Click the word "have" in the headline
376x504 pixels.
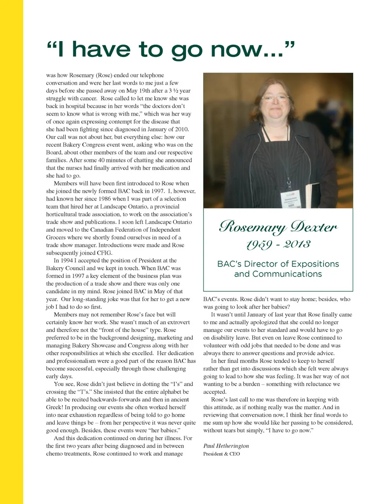101,49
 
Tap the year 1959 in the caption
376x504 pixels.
259,245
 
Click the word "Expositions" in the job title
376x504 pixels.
312,264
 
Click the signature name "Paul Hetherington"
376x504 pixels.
226,446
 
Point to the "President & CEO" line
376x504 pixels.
221,454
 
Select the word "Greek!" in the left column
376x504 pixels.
55,407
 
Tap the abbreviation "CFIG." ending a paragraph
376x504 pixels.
105,253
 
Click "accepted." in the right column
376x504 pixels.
215,392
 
